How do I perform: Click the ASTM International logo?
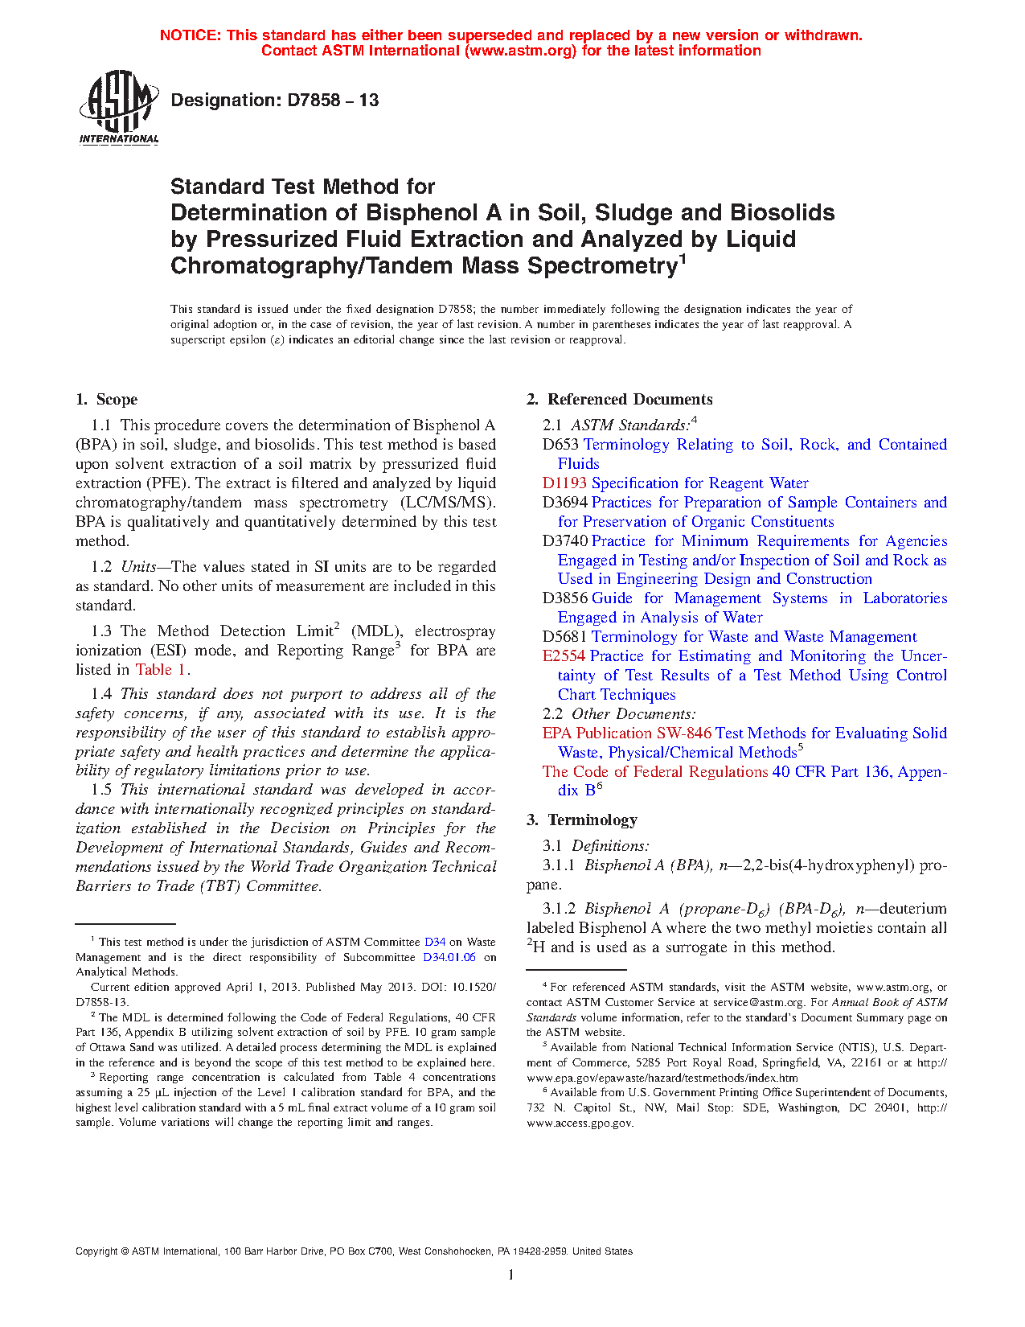[x=118, y=107]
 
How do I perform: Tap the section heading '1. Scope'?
[x=107, y=400]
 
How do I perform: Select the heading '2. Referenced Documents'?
[x=619, y=400]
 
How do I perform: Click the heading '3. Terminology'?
[x=582, y=820]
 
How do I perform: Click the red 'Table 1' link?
[x=161, y=670]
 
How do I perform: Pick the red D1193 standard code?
[x=564, y=483]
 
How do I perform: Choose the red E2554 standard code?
[x=564, y=656]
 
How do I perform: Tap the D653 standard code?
[x=560, y=445]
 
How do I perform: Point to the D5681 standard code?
[x=564, y=637]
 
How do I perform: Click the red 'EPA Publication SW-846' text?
[x=626, y=733]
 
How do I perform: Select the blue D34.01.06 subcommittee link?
[x=449, y=957]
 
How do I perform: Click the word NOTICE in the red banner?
[x=190, y=35]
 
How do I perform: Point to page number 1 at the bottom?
[x=511, y=1275]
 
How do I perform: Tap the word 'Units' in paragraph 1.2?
[x=138, y=567]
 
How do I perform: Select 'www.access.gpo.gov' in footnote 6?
[x=580, y=1123]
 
